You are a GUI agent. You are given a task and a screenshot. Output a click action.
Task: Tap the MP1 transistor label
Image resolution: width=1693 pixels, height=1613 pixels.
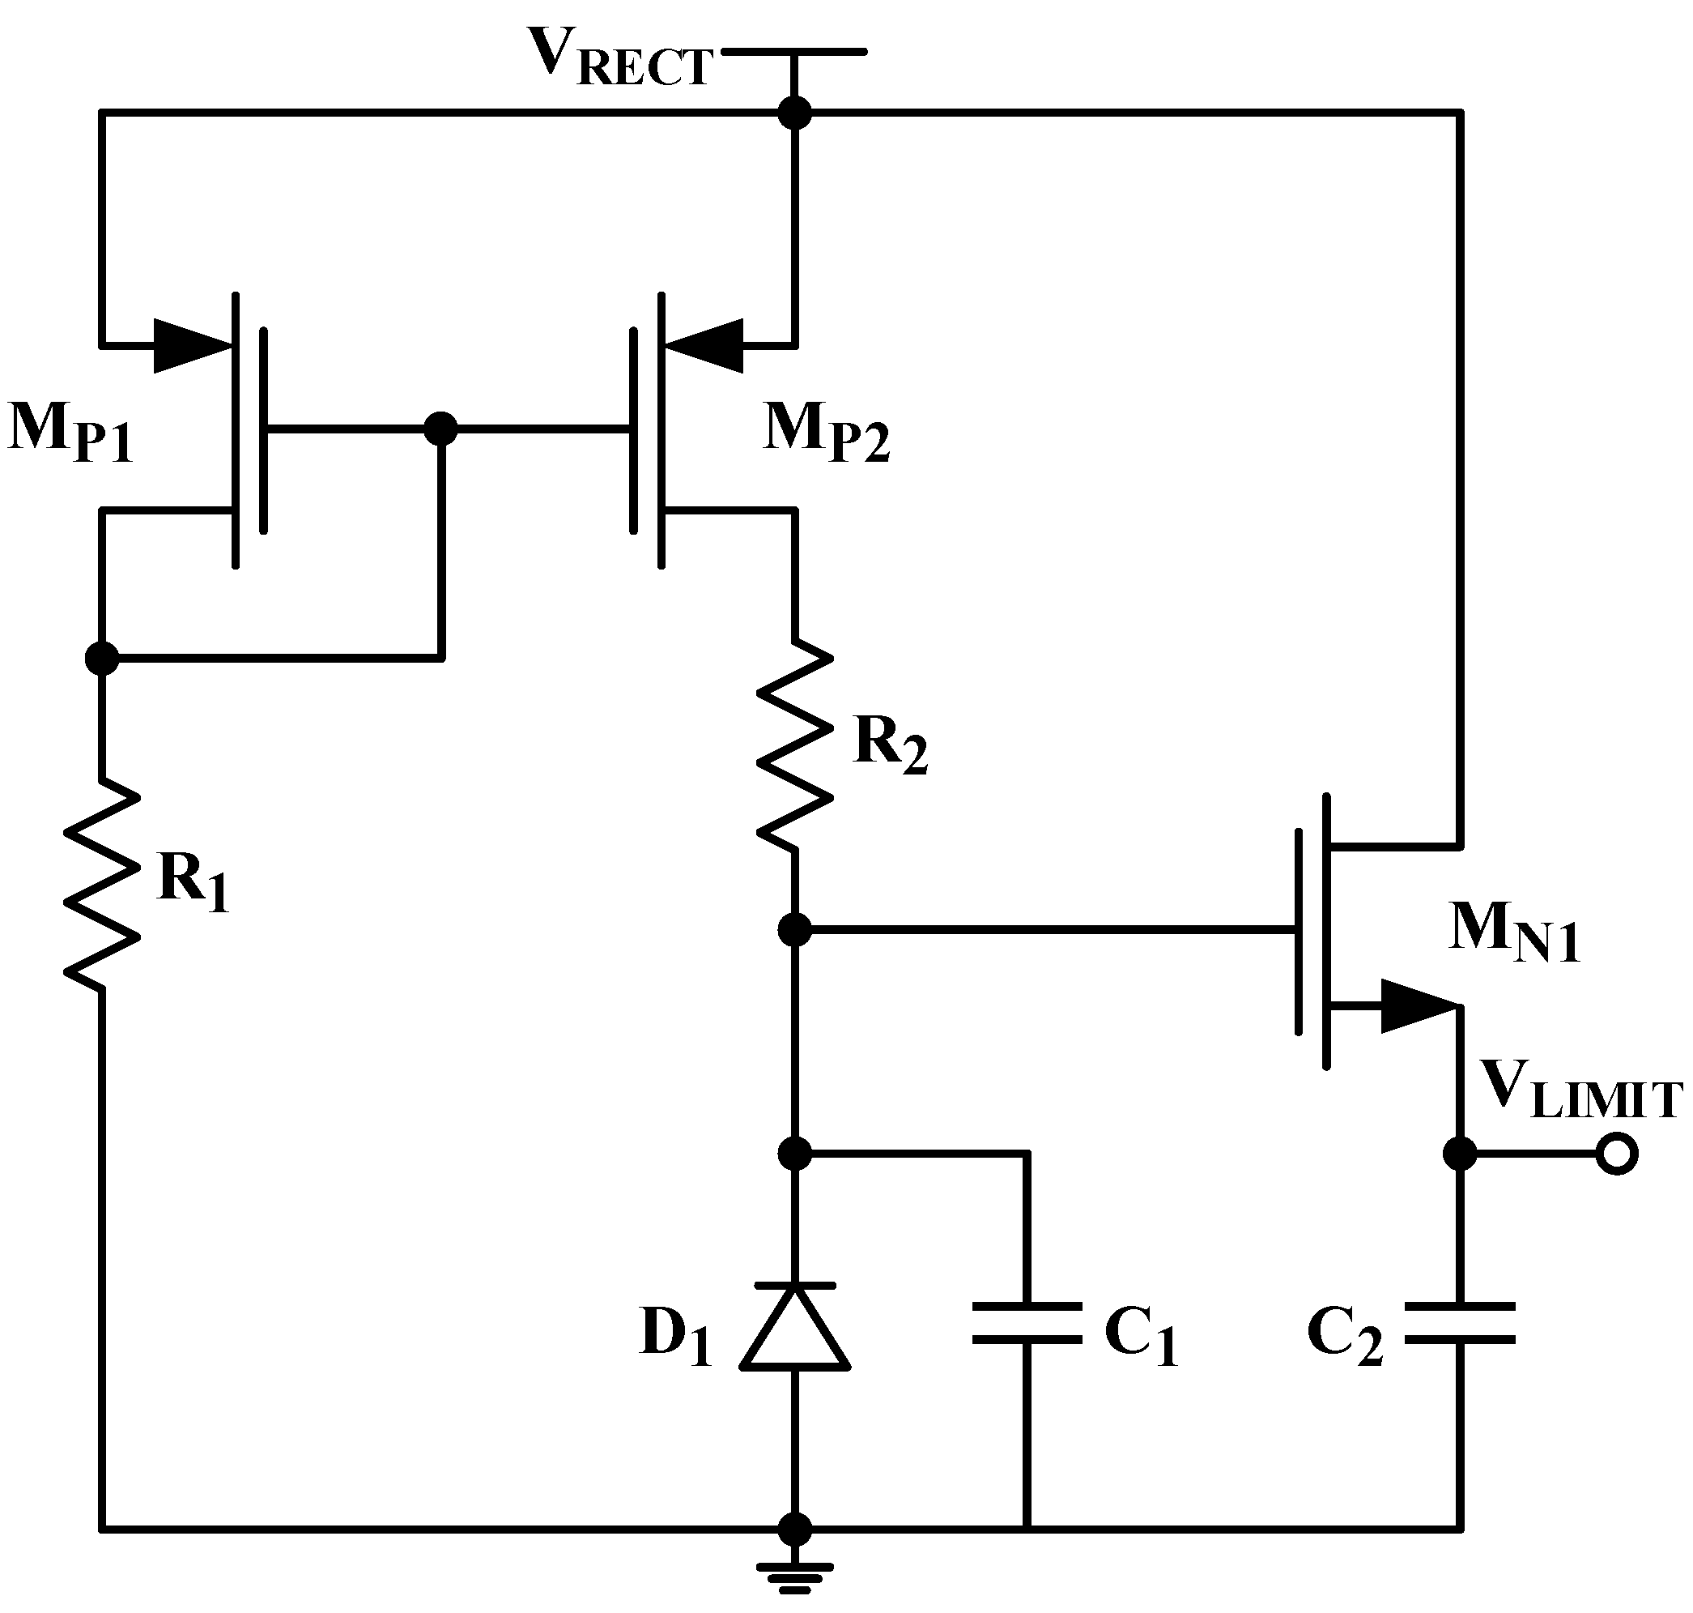70,433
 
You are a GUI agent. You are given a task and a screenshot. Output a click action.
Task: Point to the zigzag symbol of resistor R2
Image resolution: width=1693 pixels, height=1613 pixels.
795,745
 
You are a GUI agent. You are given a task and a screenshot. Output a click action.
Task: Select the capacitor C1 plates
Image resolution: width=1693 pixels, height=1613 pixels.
1027,1323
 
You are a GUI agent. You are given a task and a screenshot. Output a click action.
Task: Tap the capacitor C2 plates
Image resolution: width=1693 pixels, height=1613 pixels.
1460,1323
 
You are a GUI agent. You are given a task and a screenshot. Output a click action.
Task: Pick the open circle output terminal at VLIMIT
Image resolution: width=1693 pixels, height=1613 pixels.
1617,1154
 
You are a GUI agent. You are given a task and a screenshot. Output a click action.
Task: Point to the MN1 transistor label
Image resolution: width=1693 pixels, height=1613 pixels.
1513,934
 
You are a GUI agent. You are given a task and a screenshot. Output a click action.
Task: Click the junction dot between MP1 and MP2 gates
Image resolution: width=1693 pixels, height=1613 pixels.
442,427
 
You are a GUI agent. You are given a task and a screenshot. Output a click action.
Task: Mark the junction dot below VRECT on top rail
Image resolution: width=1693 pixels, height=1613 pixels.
795,112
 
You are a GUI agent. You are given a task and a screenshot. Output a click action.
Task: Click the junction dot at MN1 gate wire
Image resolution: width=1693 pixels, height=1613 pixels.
795,929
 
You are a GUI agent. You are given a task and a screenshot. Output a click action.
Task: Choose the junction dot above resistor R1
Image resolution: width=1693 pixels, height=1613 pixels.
102,659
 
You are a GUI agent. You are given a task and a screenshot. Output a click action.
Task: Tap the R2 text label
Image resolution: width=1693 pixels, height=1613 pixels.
891,745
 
